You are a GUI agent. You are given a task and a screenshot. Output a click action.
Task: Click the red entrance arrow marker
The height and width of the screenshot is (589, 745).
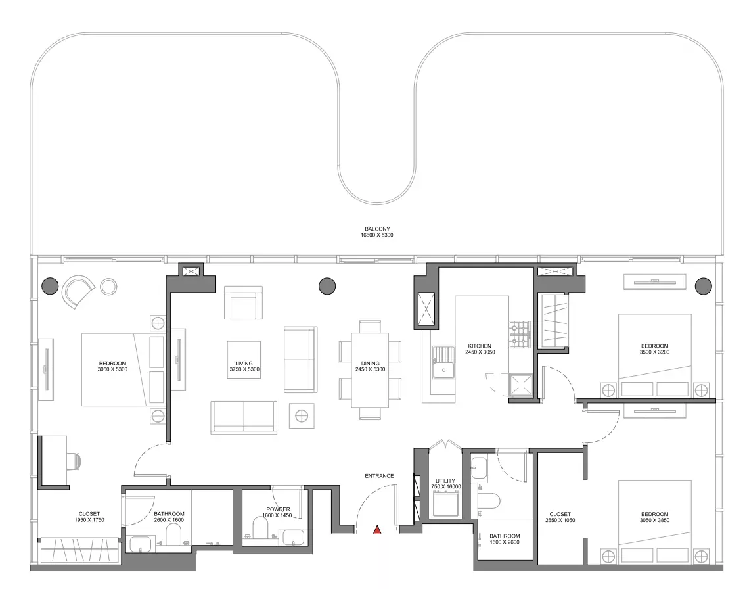tap(377, 529)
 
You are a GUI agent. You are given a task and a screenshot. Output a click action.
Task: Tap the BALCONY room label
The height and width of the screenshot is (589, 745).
tap(377, 229)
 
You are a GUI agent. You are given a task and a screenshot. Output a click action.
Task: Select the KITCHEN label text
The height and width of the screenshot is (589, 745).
tap(480, 346)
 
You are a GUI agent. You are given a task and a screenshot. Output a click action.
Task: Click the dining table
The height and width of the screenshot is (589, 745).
tap(370, 369)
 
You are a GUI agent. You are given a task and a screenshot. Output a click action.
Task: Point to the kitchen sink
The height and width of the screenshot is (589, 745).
tap(443, 362)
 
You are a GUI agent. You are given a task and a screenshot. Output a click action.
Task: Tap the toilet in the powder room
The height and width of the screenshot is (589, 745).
tap(261, 528)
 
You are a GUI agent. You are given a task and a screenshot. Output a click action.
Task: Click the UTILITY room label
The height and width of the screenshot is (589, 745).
tap(445, 481)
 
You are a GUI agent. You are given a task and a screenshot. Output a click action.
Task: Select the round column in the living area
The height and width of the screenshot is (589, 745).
tap(327, 286)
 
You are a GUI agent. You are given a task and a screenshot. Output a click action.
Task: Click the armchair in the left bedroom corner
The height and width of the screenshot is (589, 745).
tap(78, 291)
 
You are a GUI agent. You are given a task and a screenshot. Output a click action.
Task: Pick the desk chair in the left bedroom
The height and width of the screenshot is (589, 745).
tap(74, 460)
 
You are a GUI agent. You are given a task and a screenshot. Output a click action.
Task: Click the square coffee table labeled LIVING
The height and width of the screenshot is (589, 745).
tap(244, 360)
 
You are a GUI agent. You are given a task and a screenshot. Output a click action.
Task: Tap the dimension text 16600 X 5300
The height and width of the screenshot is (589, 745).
tap(377, 235)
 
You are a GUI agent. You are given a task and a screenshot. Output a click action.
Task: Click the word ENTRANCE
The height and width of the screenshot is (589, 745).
tap(379, 476)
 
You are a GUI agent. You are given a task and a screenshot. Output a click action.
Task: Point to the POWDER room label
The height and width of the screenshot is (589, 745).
tap(278, 509)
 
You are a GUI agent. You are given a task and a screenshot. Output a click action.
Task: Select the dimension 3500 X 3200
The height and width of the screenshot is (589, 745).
tap(655, 352)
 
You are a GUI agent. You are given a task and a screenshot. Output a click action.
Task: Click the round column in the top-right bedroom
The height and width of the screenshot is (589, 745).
tap(704, 286)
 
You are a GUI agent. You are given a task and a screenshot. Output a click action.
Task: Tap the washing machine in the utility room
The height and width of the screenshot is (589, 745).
tap(445, 503)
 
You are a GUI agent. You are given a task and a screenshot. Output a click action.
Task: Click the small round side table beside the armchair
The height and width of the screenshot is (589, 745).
tap(108, 287)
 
